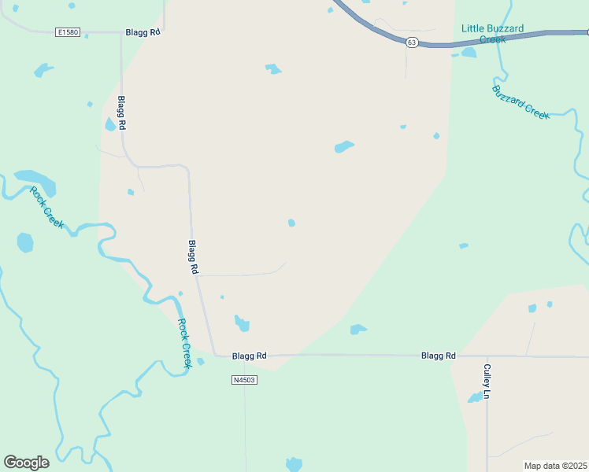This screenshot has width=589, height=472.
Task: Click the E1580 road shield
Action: [x=69, y=32]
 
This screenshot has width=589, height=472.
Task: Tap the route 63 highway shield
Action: [x=412, y=42]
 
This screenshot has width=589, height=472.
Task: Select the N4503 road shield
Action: [x=245, y=380]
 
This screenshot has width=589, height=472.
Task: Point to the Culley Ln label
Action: [x=487, y=381]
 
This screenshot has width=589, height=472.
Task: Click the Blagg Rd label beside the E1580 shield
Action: [x=143, y=32]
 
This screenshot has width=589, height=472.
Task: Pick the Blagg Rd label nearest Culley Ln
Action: [x=439, y=356]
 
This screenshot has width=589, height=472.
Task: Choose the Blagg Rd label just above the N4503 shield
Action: [x=250, y=356]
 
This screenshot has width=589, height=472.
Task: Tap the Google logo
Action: [x=26, y=463]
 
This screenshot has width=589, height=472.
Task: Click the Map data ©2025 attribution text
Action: [x=555, y=466]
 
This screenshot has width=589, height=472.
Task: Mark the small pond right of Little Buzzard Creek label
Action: [x=469, y=53]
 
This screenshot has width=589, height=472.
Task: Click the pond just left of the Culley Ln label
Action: [x=475, y=398]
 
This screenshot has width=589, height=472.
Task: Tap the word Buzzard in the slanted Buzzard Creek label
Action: [x=507, y=98]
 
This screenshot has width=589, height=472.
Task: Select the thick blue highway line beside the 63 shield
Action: [x=488, y=38]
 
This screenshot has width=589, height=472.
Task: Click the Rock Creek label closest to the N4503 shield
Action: [x=184, y=343]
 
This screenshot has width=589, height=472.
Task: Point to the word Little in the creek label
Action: [x=472, y=28]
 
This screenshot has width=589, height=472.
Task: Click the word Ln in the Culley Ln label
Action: [x=487, y=393]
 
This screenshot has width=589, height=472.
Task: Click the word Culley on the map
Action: [x=487, y=375]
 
